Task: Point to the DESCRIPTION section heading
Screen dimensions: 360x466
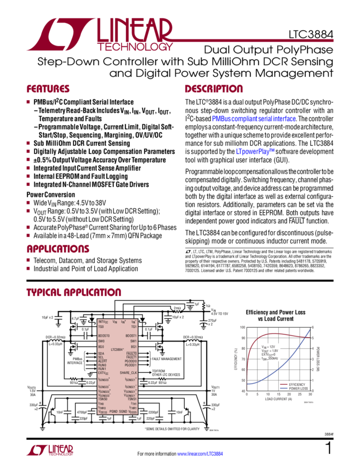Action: pyautogui.click(x=213, y=89)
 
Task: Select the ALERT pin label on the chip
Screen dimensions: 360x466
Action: pyautogui.click(x=102, y=361)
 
